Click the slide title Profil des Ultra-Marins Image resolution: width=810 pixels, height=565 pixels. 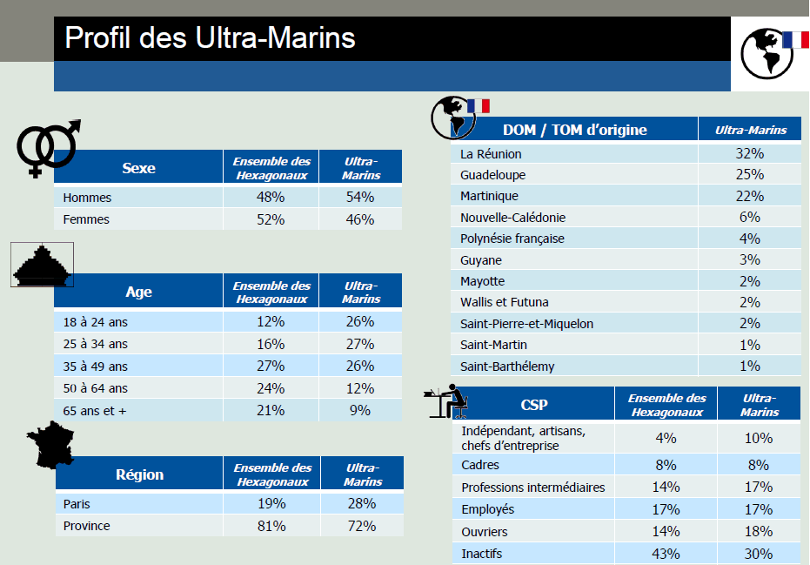(x=210, y=38)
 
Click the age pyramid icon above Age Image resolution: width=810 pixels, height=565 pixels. (x=42, y=266)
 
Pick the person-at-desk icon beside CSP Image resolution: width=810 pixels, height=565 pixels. (x=449, y=402)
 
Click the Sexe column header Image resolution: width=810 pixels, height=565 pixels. (x=138, y=168)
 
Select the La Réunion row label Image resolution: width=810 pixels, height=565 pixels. (x=491, y=154)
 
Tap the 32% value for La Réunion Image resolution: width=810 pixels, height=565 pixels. (x=748, y=154)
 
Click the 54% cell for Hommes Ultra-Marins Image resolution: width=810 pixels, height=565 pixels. (x=360, y=198)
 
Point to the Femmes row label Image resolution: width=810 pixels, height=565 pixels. (x=86, y=219)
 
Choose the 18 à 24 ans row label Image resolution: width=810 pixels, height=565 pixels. (x=96, y=322)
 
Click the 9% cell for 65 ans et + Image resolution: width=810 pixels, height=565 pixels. (x=360, y=410)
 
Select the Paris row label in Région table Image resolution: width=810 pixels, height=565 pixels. (x=77, y=504)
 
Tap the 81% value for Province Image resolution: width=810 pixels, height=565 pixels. (x=271, y=526)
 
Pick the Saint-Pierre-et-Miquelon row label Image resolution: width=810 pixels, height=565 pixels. (x=526, y=324)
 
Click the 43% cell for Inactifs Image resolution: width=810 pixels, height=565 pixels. (x=666, y=554)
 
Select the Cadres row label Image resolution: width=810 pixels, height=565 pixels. (x=480, y=466)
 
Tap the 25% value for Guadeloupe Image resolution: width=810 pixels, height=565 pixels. (x=748, y=175)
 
